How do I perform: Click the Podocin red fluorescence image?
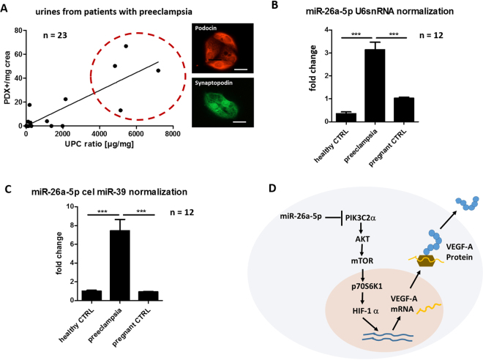pos(220,50)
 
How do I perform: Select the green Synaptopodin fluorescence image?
pos(220,102)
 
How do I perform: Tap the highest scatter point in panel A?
pos(126,46)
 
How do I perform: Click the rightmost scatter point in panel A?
pos(158,70)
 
